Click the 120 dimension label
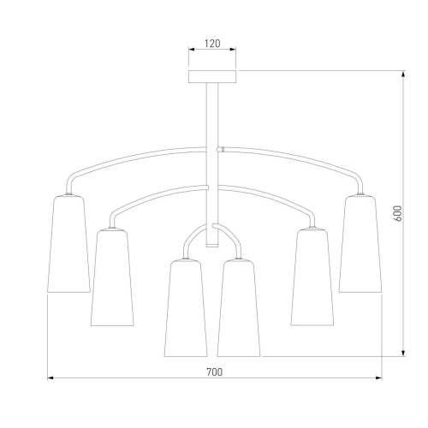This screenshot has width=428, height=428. pos(212,44)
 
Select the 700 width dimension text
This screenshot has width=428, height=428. pos(214,372)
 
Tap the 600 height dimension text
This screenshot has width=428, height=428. pos(397,213)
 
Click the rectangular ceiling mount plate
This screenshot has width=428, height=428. pos(212,76)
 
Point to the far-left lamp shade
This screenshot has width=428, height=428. pos(68,244)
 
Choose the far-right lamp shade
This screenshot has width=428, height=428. pos(360,244)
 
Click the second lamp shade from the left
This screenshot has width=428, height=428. pos(112,277)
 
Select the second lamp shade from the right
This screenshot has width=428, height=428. pos(312,277)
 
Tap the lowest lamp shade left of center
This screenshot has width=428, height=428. pos(186,308)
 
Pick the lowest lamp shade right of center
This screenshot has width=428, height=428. pos(239,308)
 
